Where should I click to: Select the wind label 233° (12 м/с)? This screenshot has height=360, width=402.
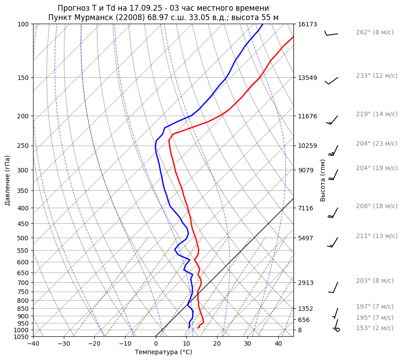pyautogui.click(x=376, y=76)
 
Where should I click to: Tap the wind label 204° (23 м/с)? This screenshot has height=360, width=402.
pyautogui.click(x=376, y=144)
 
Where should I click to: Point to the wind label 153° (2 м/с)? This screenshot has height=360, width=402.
pyautogui.click(x=374, y=328)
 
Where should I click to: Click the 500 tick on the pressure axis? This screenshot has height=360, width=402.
pyautogui.click(x=24, y=238)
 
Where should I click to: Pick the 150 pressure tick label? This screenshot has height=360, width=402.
pyautogui.click(x=24, y=78)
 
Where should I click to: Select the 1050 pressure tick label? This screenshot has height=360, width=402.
pyautogui.click(x=22, y=337)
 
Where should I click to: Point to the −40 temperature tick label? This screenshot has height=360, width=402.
pyautogui.click(x=33, y=344)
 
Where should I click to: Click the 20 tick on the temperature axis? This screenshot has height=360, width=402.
pyautogui.click(x=217, y=344)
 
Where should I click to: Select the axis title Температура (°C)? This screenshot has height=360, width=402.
pyautogui.click(x=163, y=352)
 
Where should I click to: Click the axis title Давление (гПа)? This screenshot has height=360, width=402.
pyautogui.click(x=8, y=180)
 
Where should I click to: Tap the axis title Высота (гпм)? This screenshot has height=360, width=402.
pyautogui.click(x=323, y=180)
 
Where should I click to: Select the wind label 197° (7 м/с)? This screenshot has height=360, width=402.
pyautogui.click(x=374, y=307)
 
